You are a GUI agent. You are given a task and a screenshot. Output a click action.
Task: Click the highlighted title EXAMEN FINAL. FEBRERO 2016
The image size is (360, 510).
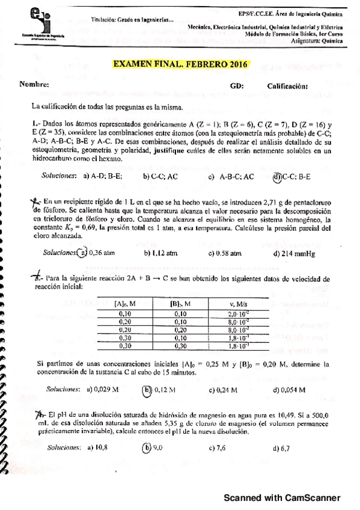pyautogui.click(x=180, y=64)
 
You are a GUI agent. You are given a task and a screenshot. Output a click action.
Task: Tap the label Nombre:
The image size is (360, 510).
pyautogui.click(x=34, y=85)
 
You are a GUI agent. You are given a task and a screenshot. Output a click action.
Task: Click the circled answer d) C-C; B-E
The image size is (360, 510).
pyautogui.click(x=292, y=177)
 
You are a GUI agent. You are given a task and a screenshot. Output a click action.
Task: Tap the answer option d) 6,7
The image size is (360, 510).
pyautogui.click(x=281, y=448)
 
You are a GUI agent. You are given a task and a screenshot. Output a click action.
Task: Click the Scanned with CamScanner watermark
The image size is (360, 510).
pyautogui.click(x=282, y=498)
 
